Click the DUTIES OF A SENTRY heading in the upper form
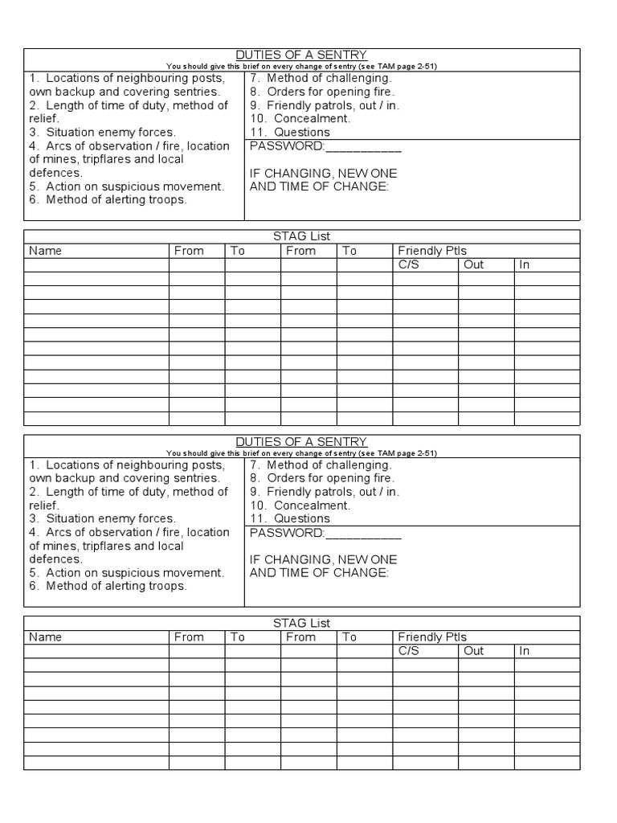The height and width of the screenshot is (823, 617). [301, 55]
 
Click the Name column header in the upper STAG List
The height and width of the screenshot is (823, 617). [45, 251]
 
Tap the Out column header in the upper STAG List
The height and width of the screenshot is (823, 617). [474, 264]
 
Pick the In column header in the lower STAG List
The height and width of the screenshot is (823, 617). [525, 651]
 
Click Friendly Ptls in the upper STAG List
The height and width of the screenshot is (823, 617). [432, 251]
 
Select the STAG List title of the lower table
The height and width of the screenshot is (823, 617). [301, 623]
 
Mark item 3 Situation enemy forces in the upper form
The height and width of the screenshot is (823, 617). [102, 132]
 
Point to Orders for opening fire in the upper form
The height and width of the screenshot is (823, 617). [329, 92]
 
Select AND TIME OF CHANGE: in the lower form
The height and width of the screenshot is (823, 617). [319, 572]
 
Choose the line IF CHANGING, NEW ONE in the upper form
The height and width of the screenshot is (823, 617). [323, 173]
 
